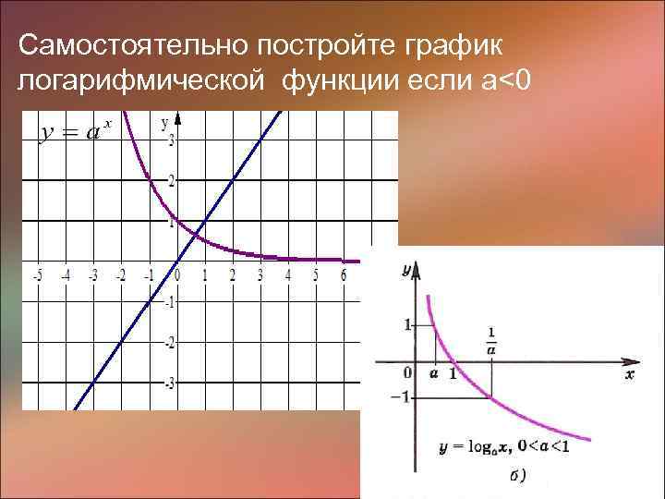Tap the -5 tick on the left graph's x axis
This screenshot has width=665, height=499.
click(x=36, y=275)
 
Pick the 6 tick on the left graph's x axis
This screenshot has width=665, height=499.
click(x=344, y=275)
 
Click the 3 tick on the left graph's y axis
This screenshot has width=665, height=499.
click(x=171, y=140)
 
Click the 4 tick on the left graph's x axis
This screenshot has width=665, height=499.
click(x=288, y=275)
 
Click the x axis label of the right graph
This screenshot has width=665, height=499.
click(x=630, y=376)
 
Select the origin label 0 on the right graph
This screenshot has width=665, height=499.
click(x=407, y=372)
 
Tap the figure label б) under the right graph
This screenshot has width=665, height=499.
click(x=518, y=476)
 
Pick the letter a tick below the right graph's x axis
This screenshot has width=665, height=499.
click(x=434, y=373)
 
